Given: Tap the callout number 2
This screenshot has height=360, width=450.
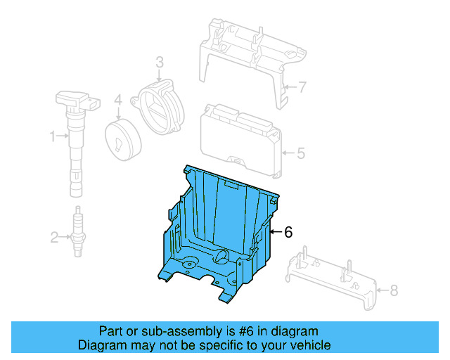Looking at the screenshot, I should (x=54, y=238).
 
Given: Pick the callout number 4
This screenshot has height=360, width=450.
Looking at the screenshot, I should (x=119, y=100).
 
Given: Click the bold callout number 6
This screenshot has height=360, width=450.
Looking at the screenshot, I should (x=288, y=232).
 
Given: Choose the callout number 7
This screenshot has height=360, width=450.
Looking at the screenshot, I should (x=302, y=88).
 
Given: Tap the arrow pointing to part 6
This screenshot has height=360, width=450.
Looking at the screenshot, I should (x=275, y=232).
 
